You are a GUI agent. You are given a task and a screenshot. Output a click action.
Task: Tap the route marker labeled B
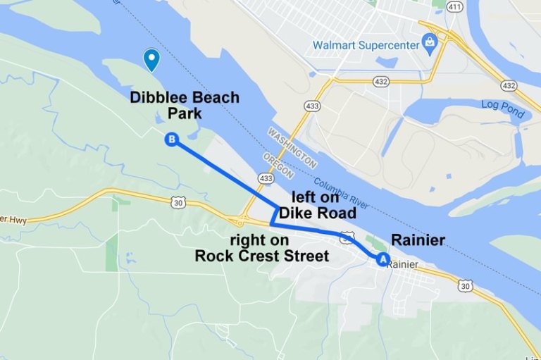[170, 139]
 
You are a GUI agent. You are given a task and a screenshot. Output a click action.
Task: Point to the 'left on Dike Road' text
[318, 206]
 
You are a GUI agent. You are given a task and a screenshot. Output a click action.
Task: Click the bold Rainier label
[418, 240]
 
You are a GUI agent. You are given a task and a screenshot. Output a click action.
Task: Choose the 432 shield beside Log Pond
[509, 85]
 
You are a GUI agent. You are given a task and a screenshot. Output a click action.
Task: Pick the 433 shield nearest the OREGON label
[266, 179]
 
